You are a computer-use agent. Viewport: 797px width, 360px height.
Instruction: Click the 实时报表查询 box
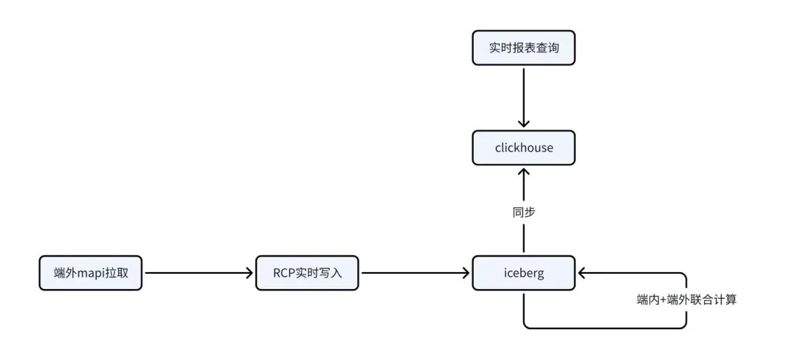pyautogui.click(x=523, y=48)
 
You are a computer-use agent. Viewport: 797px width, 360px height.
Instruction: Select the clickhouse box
pyautogui.click(x=523, y=148)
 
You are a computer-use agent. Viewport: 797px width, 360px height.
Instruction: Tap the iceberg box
pyautogui.click(x=523, y=273)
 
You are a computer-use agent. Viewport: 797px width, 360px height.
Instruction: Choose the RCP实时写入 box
pyautogui.click(x=307, y=273)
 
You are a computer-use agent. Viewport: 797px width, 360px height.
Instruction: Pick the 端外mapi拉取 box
pyautogui.click(x=91, y=273)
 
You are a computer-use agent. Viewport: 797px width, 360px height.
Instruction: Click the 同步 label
pyautogui.click(x=523, y=212)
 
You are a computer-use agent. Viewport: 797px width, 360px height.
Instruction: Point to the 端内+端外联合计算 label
pyautogui.click(x=686, y=300)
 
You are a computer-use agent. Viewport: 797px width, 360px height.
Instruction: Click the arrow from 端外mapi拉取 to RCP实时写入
pyautogui.click(x=199, y=273)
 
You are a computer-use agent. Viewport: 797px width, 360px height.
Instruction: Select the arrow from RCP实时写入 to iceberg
pyautogui.click(x=415, y=273)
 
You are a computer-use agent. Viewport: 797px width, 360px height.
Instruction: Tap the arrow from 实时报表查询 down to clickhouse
pyautogui.click(x=523, y=97)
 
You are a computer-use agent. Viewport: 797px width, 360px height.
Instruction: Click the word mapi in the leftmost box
pyautogui.click(x=91, y=273)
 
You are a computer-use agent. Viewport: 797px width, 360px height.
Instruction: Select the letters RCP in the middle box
pyautogui.click(x=283, y=273)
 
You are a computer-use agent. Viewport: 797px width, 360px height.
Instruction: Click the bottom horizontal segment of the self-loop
pyautogui.click(x=605, y=328)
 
